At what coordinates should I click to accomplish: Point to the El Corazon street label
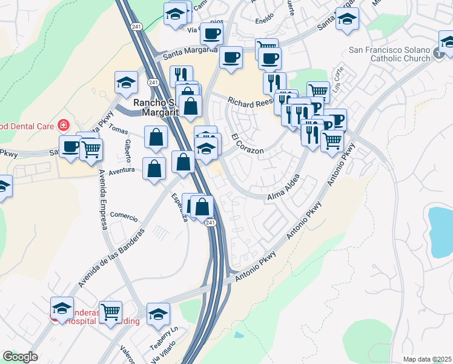click(x=248, y=146)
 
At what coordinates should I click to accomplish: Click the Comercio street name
click(x=124, y=217)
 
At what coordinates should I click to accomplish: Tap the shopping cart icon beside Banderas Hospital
click(x=110, y=312)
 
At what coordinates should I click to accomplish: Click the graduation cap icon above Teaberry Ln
click(x=158, y=314)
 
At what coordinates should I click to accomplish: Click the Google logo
click(x=20, y=357)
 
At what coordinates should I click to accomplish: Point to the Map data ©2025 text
click(x=427, y=359)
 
